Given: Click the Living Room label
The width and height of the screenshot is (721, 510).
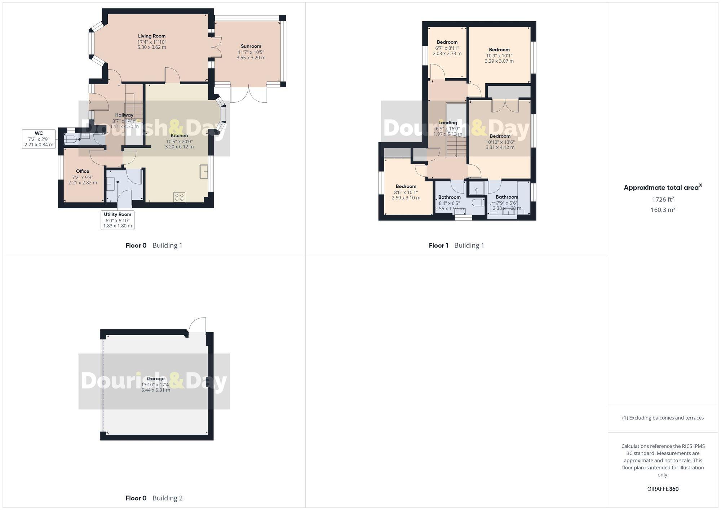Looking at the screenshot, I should [152, 36].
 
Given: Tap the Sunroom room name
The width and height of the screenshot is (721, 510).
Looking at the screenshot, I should [251, 46].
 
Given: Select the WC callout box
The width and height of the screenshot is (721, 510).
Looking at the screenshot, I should [39, 139].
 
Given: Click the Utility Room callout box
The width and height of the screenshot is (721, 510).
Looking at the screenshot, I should [118, 220].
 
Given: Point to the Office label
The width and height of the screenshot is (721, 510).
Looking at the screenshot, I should [83, 171].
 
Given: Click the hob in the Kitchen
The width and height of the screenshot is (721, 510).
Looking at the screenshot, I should [180, 197].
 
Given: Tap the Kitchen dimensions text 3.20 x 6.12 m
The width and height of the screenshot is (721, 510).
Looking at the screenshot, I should [179, 147].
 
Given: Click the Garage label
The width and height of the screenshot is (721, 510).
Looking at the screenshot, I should [156, 378].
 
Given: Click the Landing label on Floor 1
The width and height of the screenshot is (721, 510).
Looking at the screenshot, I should [448, 123].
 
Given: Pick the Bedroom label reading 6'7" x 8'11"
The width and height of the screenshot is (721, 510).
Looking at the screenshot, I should [447, 42].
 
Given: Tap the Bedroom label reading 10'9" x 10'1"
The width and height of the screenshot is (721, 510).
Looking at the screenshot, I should [499, 50].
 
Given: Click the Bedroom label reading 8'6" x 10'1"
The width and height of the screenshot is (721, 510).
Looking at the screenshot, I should [406, 186].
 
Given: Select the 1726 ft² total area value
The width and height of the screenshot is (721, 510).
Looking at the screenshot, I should [663, 199].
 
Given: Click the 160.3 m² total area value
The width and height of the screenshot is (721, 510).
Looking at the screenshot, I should [663, 209].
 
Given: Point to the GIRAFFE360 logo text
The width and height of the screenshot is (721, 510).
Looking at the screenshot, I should [663, 489].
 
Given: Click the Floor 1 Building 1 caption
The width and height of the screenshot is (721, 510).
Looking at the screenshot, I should [456, 245].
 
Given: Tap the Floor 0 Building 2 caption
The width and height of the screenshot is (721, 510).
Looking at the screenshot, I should [154, 498].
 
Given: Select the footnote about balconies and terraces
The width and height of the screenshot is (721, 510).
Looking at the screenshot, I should [663, 418].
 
